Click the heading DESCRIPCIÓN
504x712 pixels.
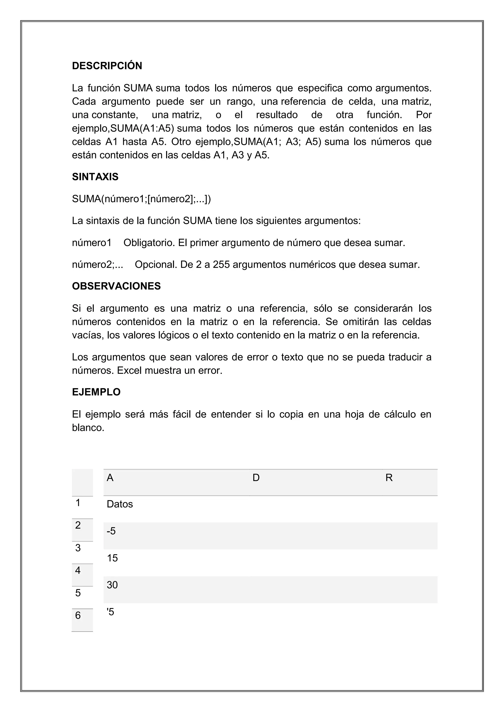point(107,66)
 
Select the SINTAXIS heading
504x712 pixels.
point(95,177)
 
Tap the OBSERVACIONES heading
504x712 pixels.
point(116,286)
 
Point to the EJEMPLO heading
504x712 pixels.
point(96,392)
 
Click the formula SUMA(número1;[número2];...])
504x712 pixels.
point(141,199)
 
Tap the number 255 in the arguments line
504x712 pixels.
point(221,265)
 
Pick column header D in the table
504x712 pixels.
point(256,478)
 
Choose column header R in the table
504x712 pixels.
point(389,478)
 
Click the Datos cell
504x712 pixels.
point(120,504)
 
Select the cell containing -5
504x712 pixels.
point(111,531)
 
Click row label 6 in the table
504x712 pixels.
point(78,616)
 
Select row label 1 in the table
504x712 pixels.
point(78,503)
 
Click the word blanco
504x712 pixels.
point(88,428)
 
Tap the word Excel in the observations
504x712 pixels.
point(129,371)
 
